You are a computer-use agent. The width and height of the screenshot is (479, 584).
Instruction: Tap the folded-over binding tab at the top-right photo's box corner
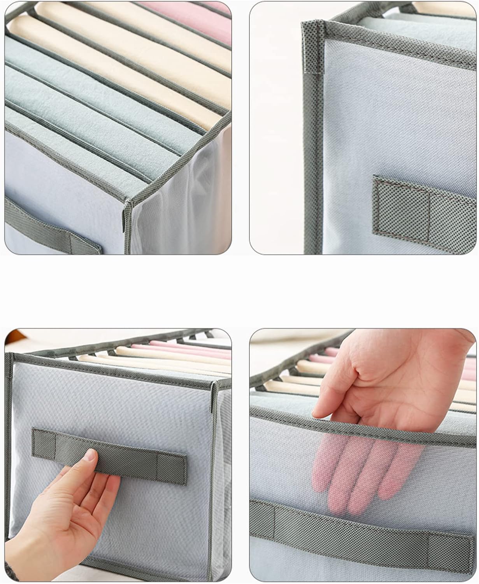tap(313, 47)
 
